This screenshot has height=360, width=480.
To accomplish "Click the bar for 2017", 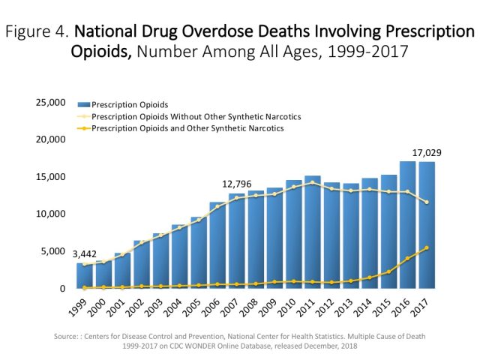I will (x=427, y=225).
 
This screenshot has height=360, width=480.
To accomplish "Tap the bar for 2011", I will (x=312, y=232).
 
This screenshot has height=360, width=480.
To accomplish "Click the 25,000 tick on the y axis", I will (x=50, y=102).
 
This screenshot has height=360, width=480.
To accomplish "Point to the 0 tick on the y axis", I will (x=62, y=288).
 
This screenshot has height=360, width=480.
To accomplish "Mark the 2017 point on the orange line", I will (x=427, y=248).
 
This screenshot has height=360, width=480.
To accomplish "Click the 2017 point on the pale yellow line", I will (x=427, y=202).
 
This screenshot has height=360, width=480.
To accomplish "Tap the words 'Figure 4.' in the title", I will (x=37, y=32).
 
